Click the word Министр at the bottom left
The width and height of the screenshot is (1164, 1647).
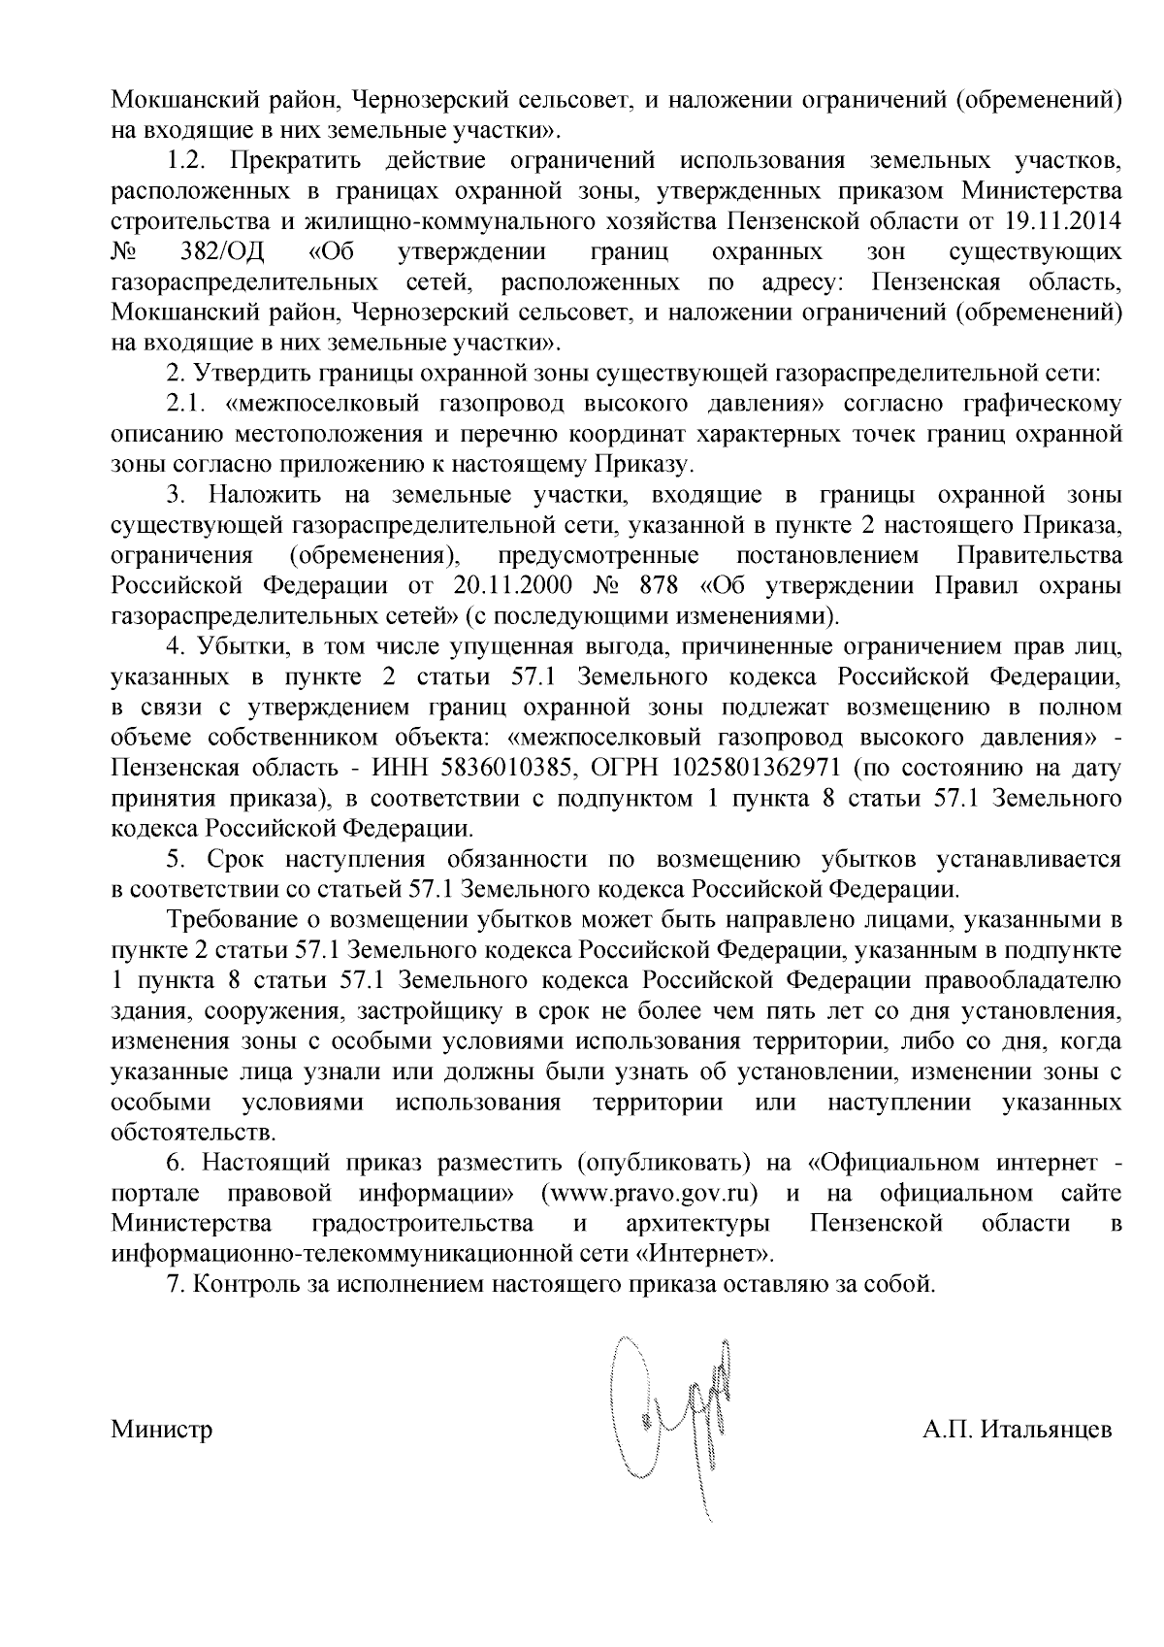tap(162, 1431)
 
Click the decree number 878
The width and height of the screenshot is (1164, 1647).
tap(662, 586)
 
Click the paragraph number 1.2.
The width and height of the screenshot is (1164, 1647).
tap(185, 160)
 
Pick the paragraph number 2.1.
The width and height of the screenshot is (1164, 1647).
tap(185, 404)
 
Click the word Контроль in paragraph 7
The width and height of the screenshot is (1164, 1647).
tap(240, 1283)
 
